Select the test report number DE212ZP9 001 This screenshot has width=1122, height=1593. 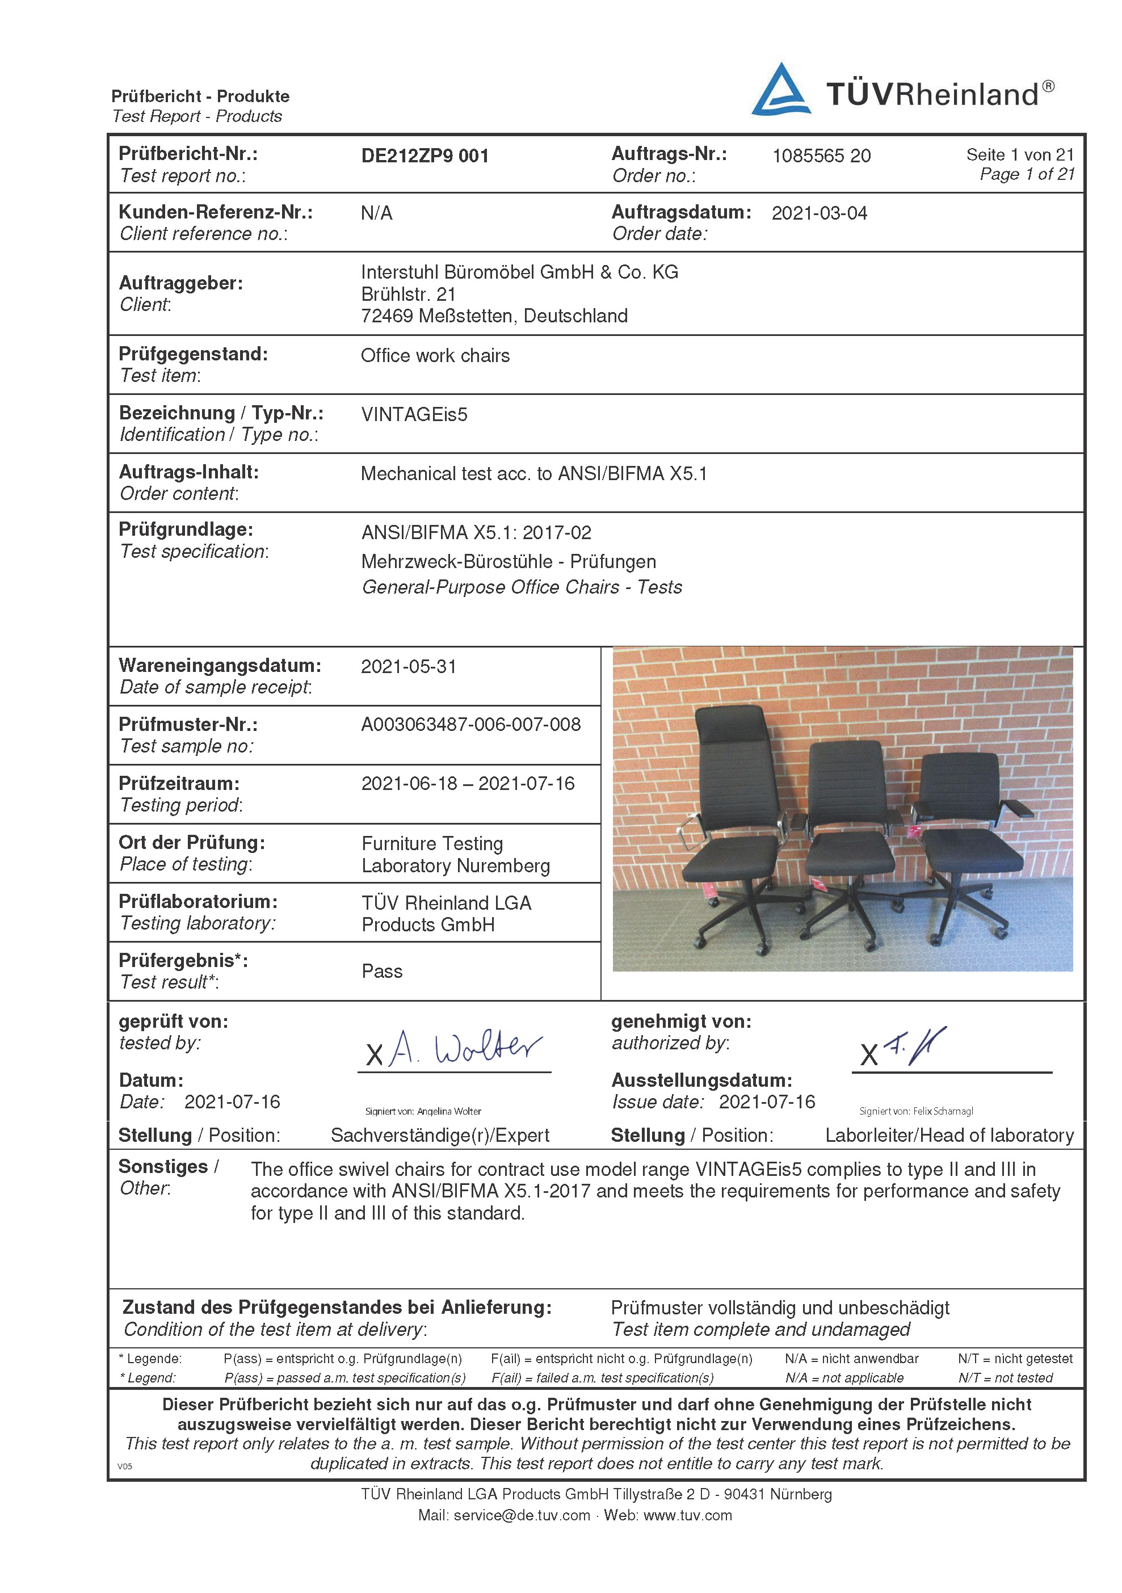pyautogui.click(x=425, y=156)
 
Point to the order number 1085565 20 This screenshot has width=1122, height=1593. pyautogui.click(x=821, y=156)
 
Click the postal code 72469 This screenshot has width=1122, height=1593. pyautogui.click(x=386, y=316)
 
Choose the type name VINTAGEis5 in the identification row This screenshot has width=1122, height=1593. pyautogui.click(x=414, y=415)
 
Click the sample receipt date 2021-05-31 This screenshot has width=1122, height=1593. pyautogui.click(x=409, y=667)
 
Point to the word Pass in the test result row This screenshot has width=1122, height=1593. pyautogui.click(x=381, y=972)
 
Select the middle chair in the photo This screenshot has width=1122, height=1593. pyautogui.click(x=850, y=839)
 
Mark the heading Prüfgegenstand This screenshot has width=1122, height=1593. pyautogui.click(x=193, y=354)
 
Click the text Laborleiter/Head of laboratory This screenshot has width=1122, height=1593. pyautogui.click(x=948, y=1136)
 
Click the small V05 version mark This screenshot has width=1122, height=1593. pyautogui.click(x=125, y=1466)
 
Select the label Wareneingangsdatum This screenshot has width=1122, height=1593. pyautogui.click(x=220, y=665)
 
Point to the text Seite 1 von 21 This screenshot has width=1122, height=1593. pyautogui.click(x=1019, y=155)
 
